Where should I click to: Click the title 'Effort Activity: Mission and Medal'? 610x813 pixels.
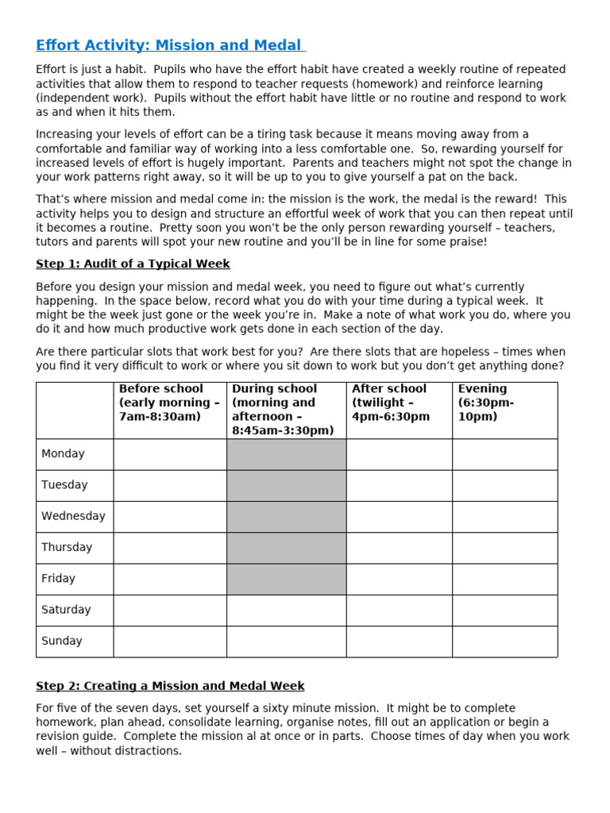click(169, 45)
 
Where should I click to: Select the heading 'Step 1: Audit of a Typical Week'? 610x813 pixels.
click(133, 264)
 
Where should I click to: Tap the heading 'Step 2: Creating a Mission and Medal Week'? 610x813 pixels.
click(170, 685)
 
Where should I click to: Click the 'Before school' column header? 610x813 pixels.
click(169, 403)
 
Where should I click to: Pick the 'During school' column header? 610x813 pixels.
click(286, 410)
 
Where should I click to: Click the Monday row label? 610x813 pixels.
click(63, 454)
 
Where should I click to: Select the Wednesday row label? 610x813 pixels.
click(73, 516)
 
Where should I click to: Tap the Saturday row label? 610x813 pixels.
click(66, 610)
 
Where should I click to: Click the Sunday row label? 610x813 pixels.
click(62, 641)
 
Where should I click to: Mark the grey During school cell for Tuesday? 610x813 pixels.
click(286, 485)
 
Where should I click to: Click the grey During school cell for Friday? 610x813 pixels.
click(286, 579)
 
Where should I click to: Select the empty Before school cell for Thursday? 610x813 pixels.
click(169, 548)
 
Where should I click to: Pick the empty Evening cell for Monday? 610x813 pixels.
click(504, 454)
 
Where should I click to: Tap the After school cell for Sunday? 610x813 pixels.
click(399, 641)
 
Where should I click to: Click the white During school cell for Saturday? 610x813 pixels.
click(286, 610)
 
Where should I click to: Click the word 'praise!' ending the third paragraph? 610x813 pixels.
click(467, 241)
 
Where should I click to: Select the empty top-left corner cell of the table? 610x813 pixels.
click(75, 410)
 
